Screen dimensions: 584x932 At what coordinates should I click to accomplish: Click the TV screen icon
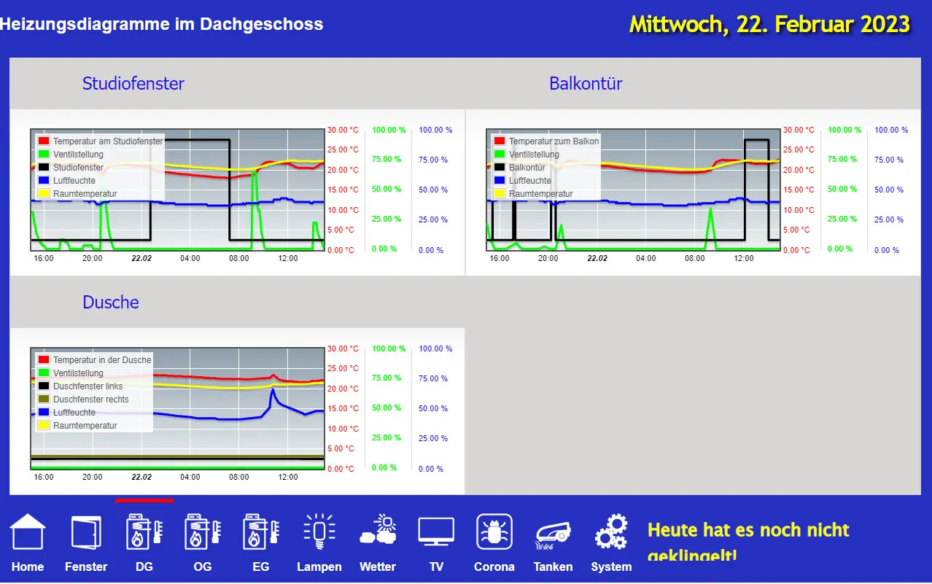pos(436,532)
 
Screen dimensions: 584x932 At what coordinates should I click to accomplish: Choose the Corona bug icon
pos(494,532)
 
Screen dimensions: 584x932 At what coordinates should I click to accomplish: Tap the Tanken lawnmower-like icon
pos(553,533)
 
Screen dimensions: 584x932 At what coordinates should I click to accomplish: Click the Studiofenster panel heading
pos(133,83)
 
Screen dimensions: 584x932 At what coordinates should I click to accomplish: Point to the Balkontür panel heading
pos(586,83)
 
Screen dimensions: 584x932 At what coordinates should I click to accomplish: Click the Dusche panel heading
pos(111,302)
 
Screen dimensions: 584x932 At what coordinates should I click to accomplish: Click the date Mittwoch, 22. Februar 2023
pos(769,24)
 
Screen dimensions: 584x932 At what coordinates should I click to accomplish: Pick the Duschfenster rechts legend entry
pos(90,400)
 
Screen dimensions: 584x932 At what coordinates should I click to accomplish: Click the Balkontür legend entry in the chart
pos(527,168)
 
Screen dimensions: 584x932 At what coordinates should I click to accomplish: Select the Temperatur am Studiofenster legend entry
pos(108,141)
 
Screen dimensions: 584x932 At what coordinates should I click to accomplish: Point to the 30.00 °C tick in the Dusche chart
pos(343,349)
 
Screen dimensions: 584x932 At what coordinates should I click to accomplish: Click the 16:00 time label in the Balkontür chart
pos(500,258)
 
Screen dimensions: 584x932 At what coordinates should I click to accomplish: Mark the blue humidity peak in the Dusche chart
pos(273,390)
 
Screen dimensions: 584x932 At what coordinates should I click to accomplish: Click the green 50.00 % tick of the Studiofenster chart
pos(387,189)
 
